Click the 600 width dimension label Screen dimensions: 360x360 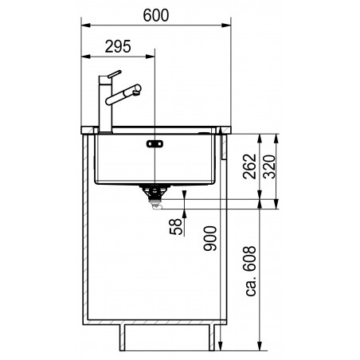[x=156, y=15]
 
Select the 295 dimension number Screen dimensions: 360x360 [x=118, y=46]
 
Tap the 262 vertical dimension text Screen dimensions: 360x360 [x=250, y=166]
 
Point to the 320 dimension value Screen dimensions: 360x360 [x=270, y=166]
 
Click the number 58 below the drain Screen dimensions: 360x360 [x=176, y=227]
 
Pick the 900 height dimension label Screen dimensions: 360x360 [x=210, y=238]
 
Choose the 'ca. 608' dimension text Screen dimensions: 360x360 [x=251, y=271]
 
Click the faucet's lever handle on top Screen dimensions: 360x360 [x=115, y=74]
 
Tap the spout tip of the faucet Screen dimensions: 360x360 [x=138, y=89]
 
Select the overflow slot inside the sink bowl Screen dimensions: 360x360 [x=155, y=144]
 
